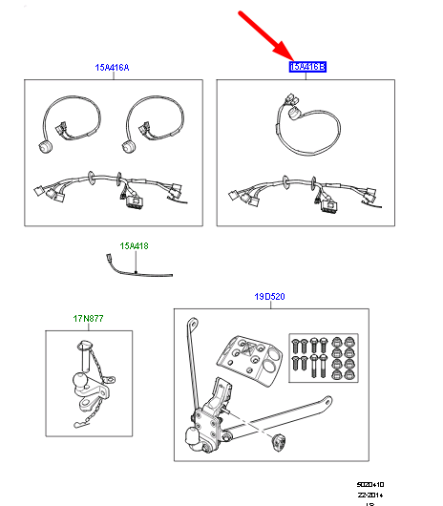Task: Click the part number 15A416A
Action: click(x=112, y=68)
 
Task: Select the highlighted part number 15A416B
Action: click(x=307, y=68)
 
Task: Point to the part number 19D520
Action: click(x=269, y=297)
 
